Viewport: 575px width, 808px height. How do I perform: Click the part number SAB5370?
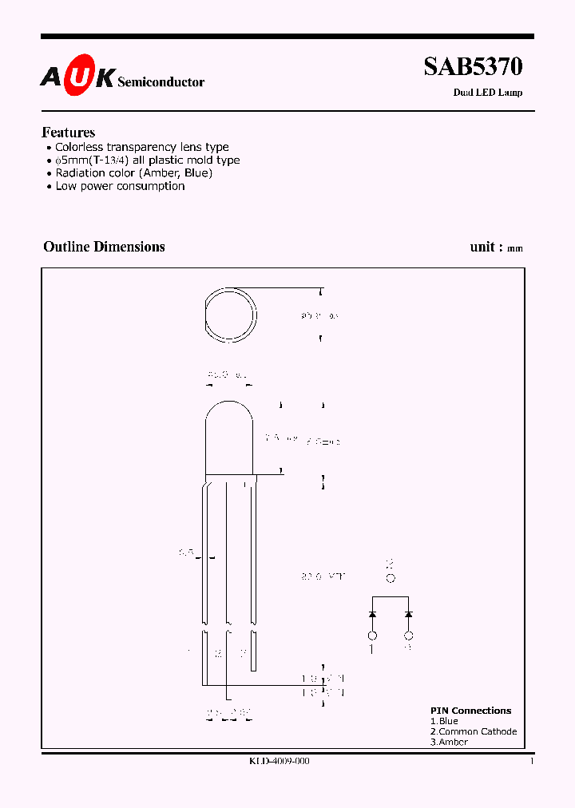(473, 67)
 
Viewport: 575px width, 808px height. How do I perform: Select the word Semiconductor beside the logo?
(161, 81)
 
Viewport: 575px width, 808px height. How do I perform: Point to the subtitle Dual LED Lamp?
(488, 93)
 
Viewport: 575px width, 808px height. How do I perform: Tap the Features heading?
(69, 133)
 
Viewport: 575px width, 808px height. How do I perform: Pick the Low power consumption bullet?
(120, 186)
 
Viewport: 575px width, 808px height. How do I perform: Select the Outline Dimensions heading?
(104, 247)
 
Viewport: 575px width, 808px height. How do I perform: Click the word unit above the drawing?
(482, 247)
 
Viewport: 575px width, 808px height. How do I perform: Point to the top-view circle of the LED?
(231, 315)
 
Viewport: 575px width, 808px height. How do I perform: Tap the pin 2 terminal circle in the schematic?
(391, 579)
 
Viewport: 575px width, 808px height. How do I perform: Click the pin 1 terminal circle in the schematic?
(372, 636)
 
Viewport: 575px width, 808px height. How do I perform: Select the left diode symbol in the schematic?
(372, 614)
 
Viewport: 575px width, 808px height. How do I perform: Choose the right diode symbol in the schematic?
(409, 614)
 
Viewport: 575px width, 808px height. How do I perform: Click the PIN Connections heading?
(470, 711)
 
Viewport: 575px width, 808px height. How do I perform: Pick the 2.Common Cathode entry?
(474, 731)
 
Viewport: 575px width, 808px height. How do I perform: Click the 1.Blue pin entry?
(444, 721)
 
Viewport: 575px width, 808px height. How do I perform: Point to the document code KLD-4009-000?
(280, 762)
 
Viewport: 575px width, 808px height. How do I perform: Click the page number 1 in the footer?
(531, 762)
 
